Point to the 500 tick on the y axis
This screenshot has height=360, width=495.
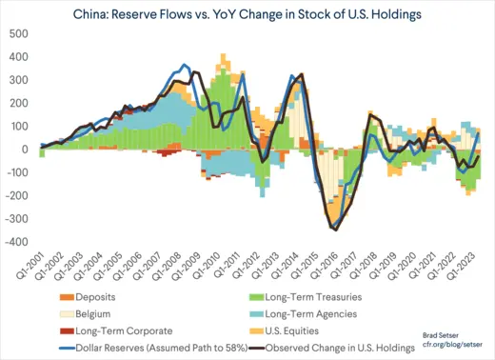[19, 33]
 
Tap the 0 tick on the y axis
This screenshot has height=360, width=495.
[27, 150]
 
